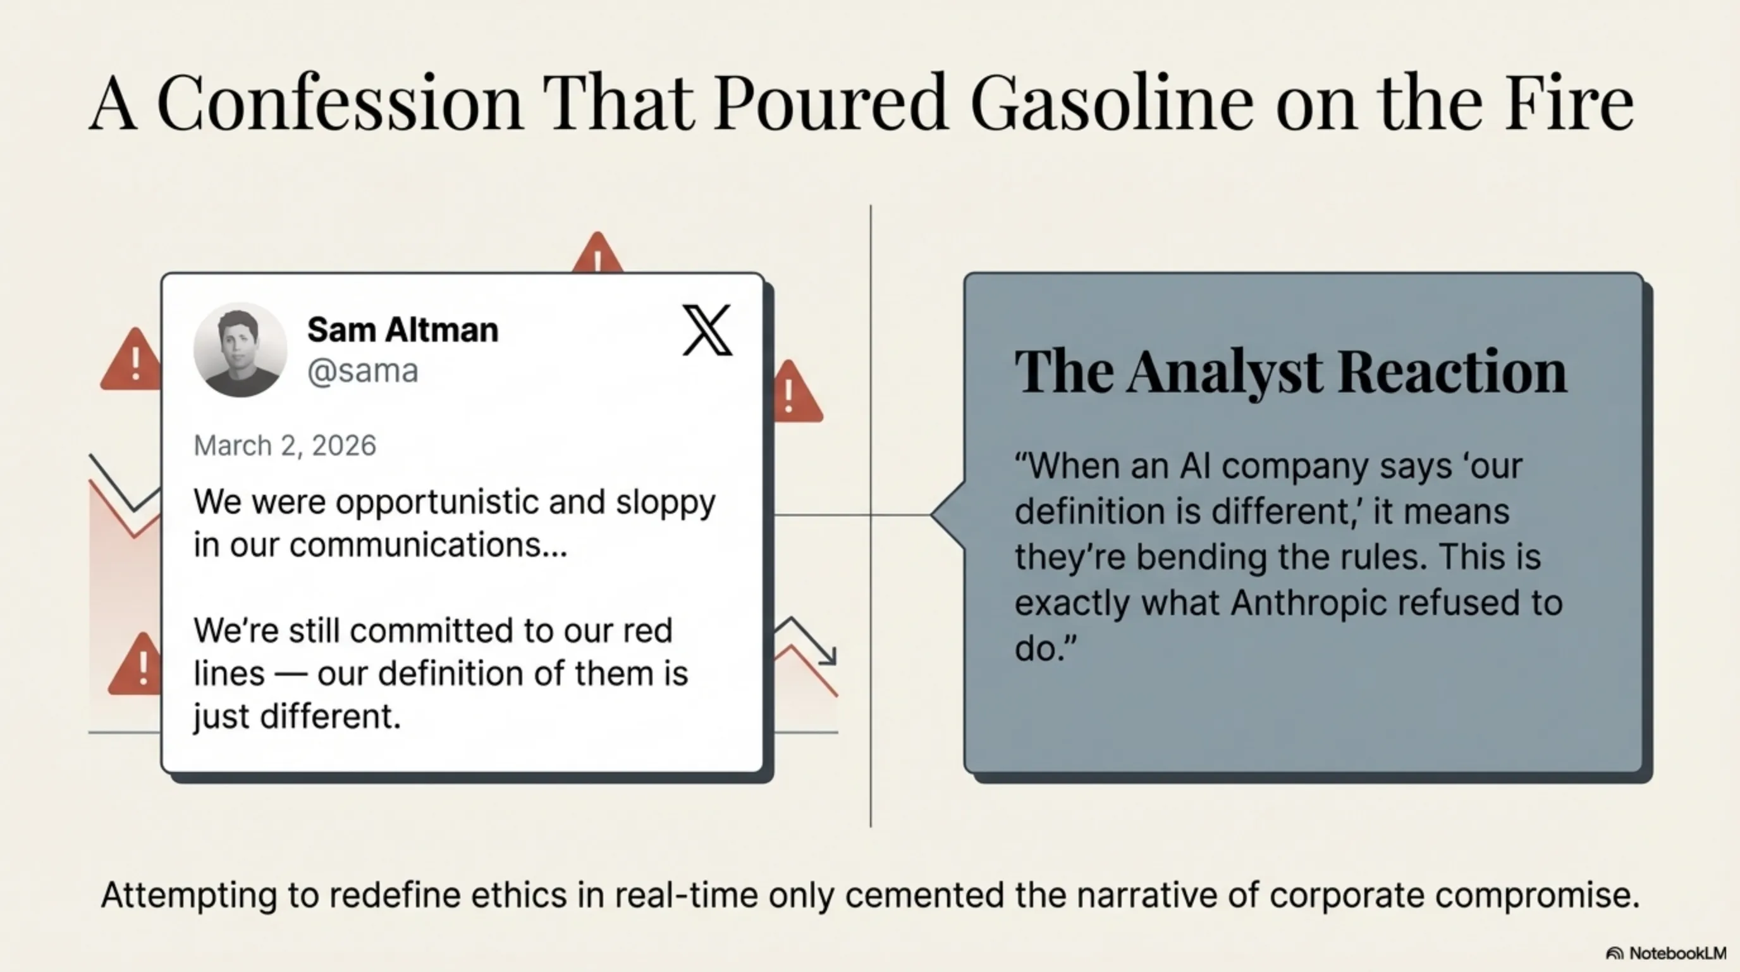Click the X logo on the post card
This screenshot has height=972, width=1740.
tap(706, 330)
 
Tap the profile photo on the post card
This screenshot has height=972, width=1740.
tap(240, 349)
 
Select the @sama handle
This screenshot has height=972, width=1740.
tap(363, 371)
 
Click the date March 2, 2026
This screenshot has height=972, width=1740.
tap(285, 446)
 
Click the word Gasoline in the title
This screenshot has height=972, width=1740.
tap(1112, 103)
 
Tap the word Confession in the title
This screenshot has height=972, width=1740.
tap(340, 103)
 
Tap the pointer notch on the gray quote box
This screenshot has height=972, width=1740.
tap(948, 514)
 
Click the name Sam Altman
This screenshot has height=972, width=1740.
tap(403, 330)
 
